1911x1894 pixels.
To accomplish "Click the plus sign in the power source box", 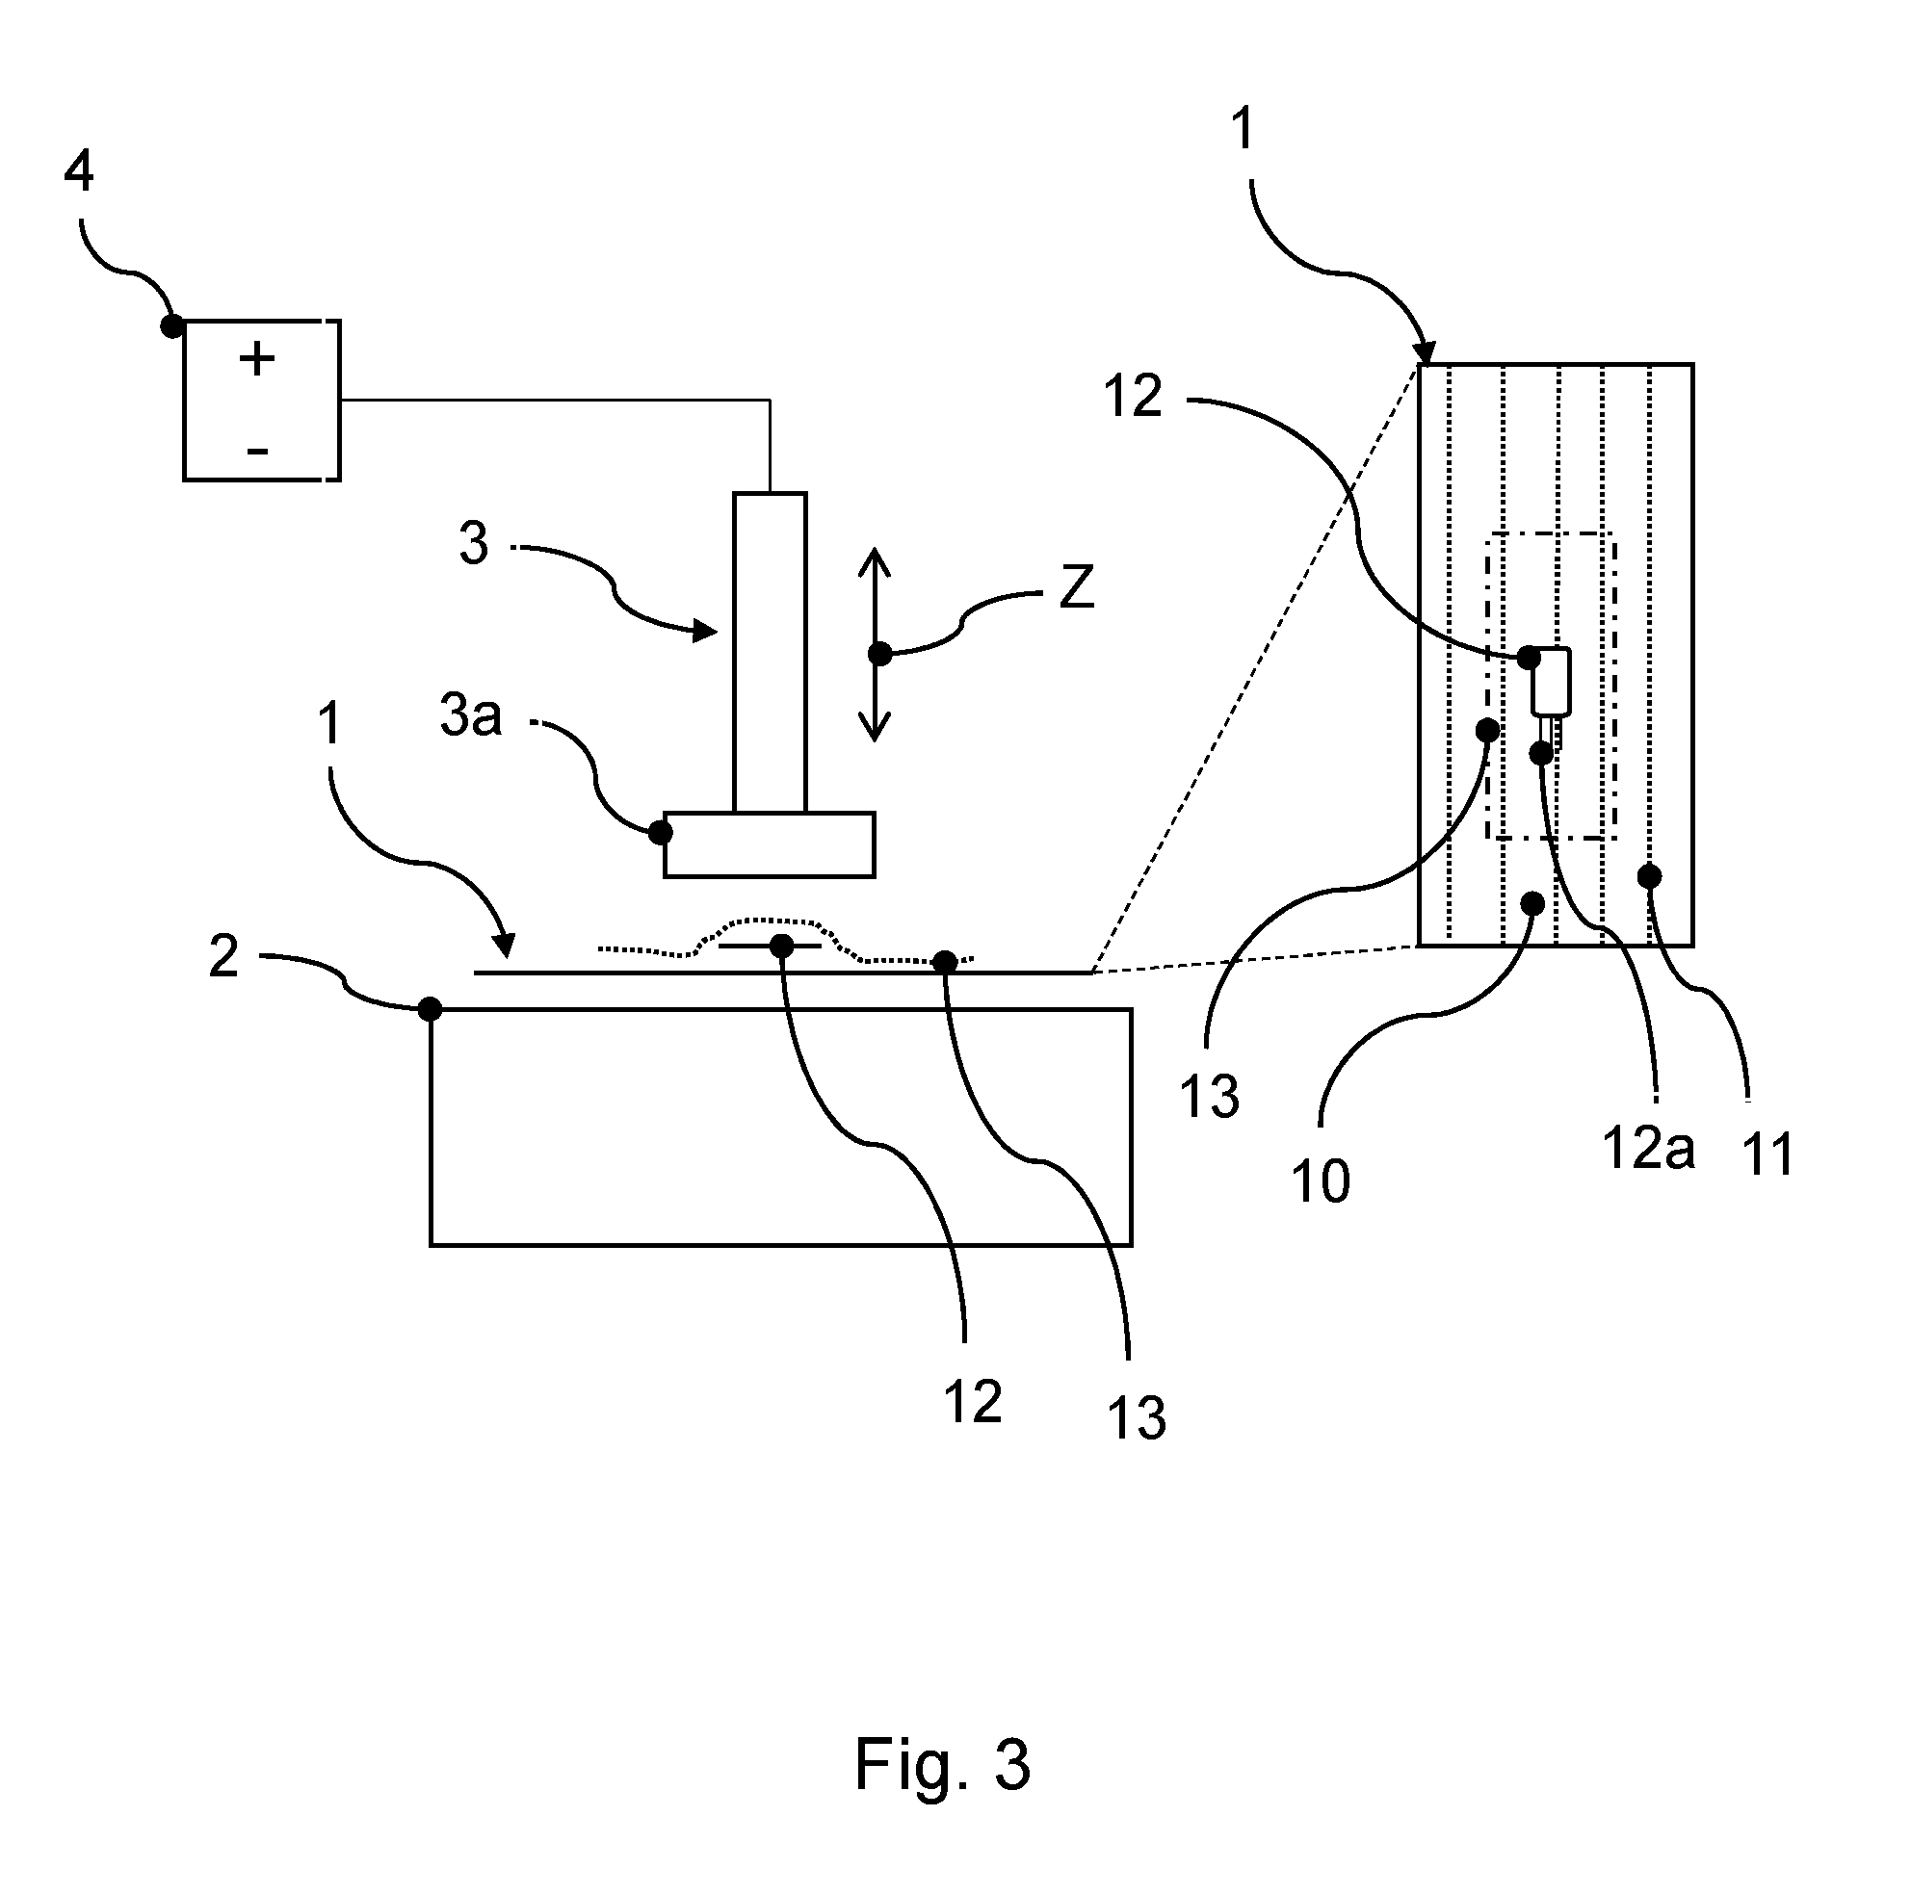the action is click(x=257, y=359).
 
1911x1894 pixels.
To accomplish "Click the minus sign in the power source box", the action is click(x=258, y=452).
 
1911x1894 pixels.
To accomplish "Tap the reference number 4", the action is click(x=78, y=171).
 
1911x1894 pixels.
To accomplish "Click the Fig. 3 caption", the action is click(x=943, y=1764).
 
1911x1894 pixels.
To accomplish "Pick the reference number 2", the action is click(x=223, y=956).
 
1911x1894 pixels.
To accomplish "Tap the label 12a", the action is click(x=1648, y=1149).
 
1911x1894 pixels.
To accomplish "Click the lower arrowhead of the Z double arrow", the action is click(x=875, y=728).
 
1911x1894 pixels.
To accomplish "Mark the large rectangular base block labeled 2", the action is click(x=780, y=1127).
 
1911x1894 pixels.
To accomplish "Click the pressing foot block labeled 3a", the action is click(x=770, y=844).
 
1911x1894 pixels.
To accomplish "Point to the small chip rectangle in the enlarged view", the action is click(x=1551, y=682).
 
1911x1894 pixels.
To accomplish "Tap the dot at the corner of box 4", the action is click(x=173, y=325).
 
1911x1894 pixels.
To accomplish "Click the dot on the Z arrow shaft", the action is click(x=879, y=654).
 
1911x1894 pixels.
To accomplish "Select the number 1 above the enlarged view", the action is click(x=1243, y=129).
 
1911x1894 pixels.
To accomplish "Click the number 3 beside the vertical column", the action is click(x=474, y=544).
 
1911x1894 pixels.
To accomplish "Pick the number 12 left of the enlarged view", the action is click(x=1133, y=397).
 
